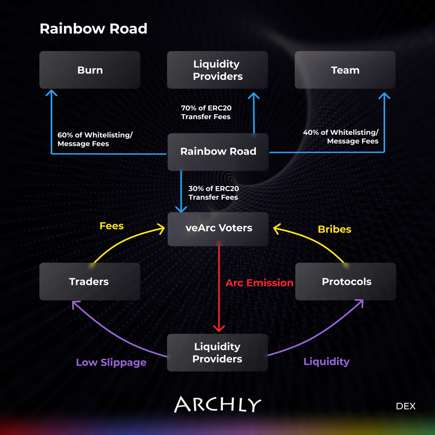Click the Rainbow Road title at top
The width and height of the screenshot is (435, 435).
(x=93, y=29)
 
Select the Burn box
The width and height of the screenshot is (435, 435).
(x=90, y=70)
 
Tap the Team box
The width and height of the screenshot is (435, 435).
(x=345, y=70)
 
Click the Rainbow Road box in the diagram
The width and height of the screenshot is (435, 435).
(x=218, y=151)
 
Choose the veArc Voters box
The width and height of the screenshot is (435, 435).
(x=218, y=228)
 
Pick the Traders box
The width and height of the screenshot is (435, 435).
(x=89, y=282)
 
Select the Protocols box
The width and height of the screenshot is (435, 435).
(x=346, y=282)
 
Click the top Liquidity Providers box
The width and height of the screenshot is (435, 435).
(x=217, y=70)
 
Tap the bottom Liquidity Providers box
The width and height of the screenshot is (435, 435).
(x=217, y=352)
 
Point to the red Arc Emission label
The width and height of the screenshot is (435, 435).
(x=259, y=283)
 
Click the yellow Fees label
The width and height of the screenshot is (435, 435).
(x=112, y=226)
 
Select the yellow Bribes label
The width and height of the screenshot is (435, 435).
(x=334, y=229)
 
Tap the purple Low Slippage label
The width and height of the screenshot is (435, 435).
(x=111, y=362)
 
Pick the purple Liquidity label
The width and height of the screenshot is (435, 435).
(x=326, y=362)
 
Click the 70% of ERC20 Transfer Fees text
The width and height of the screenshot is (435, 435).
(x=206, y=112)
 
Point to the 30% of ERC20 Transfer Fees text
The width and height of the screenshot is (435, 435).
(x=213, y=193)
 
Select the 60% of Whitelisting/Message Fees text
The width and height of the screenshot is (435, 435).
(x=95, y=139)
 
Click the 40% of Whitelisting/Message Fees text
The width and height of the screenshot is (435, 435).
(x=341, y=137)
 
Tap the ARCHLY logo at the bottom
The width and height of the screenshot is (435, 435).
(x=217, y=404)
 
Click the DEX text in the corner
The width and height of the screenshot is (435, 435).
(x=405, y=406)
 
